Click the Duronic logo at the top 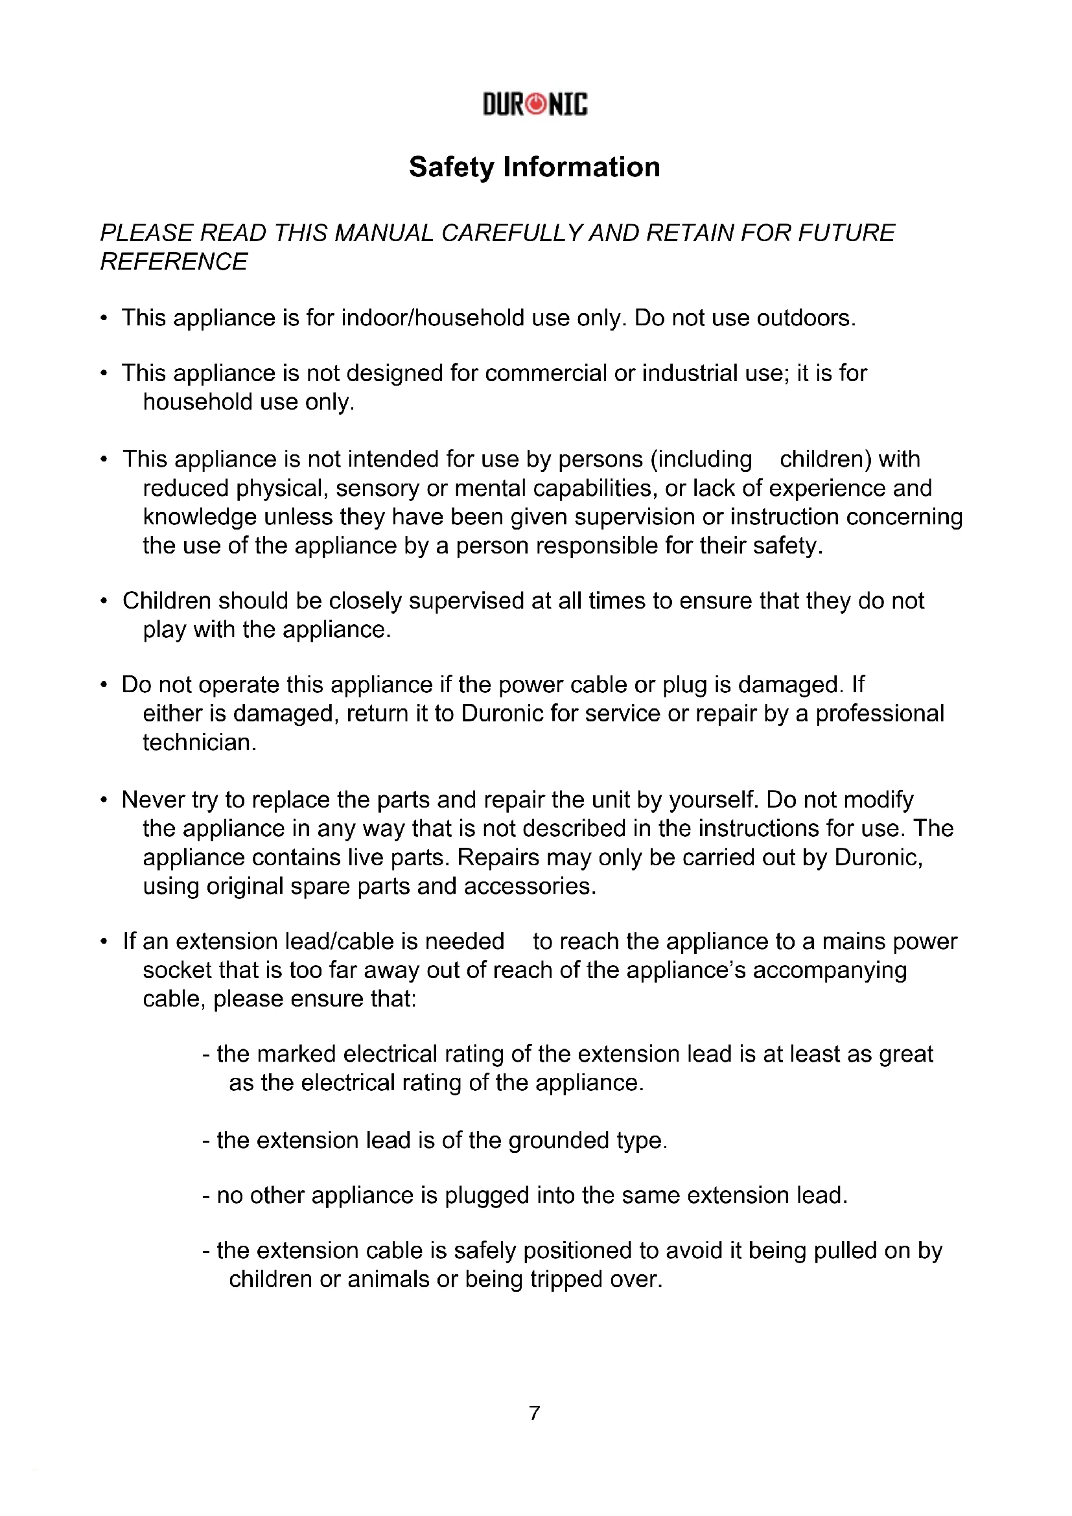click(535, 104)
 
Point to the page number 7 click(535, 1413)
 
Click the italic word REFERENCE click(174, 262)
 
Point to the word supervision click(635, 517)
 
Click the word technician click(199, 743)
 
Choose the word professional click(880, 714)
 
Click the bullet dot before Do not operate click(104, 685)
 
